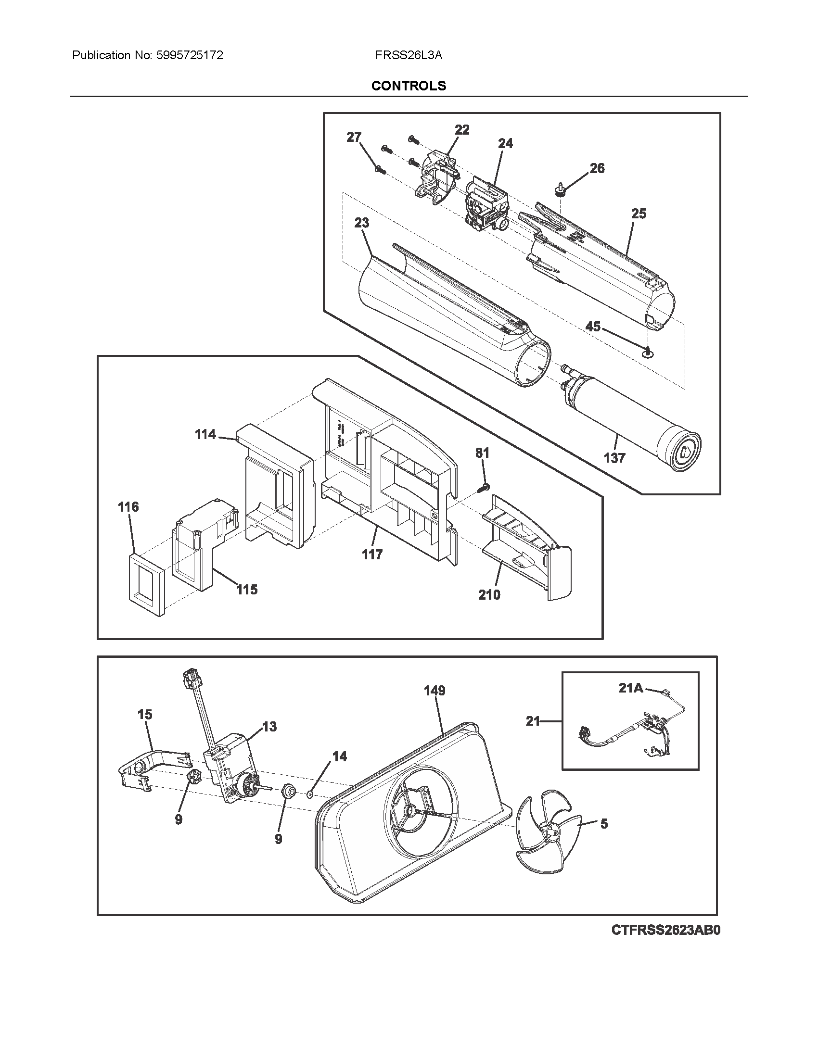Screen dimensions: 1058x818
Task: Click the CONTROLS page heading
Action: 409,86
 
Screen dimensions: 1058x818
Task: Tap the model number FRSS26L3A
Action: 409,55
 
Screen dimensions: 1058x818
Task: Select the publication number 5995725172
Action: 190,55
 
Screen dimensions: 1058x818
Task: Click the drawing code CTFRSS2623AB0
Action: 665,930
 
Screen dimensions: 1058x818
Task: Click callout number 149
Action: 434,690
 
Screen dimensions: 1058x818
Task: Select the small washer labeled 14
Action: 310,794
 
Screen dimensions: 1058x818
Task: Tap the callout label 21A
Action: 630,688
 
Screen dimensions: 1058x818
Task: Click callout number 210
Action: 489,595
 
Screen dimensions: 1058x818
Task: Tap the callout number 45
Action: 593,327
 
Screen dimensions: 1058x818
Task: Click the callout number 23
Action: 361,223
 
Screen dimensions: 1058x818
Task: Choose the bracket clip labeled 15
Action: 150,765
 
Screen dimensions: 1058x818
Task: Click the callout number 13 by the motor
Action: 269,727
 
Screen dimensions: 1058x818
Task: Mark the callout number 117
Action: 371,554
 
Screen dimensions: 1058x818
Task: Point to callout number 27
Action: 354,137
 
